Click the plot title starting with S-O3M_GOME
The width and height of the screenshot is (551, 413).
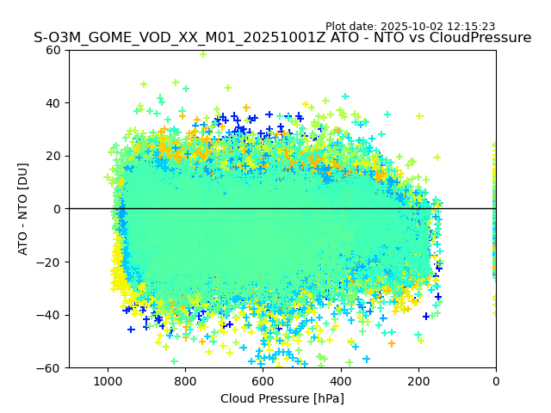[x=282, y=38]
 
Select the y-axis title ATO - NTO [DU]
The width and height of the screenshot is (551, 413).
[x=23, y=208]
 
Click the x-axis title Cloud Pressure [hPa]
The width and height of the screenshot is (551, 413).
[x=282, y=398]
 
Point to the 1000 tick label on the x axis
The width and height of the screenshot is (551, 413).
[x=108, y=380]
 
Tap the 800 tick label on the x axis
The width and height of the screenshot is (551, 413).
[x=185, y=380]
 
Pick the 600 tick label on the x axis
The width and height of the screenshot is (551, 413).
[x=263, y=380]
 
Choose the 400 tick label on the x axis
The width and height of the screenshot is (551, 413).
[x=340, y=380]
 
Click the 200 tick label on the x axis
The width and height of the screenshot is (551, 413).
[x=418, y=380]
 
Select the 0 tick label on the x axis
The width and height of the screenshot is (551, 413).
[x=496, y=380]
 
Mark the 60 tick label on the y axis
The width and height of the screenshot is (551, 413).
[x=53, y=50]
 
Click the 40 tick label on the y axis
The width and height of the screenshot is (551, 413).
[x=53, y=103]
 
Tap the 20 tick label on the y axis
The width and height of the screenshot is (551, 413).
[x=53, y=156]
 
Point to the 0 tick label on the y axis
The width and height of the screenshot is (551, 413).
[x=57, y=209]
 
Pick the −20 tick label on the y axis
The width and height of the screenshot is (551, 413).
[x=50, y=262]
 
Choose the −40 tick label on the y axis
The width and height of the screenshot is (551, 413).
[x=50, y=315]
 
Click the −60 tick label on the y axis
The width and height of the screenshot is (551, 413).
[x=50, y=367]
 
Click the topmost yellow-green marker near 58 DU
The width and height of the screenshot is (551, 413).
[x=203, y=53]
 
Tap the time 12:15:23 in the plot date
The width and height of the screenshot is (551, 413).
[x=472, y=27]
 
